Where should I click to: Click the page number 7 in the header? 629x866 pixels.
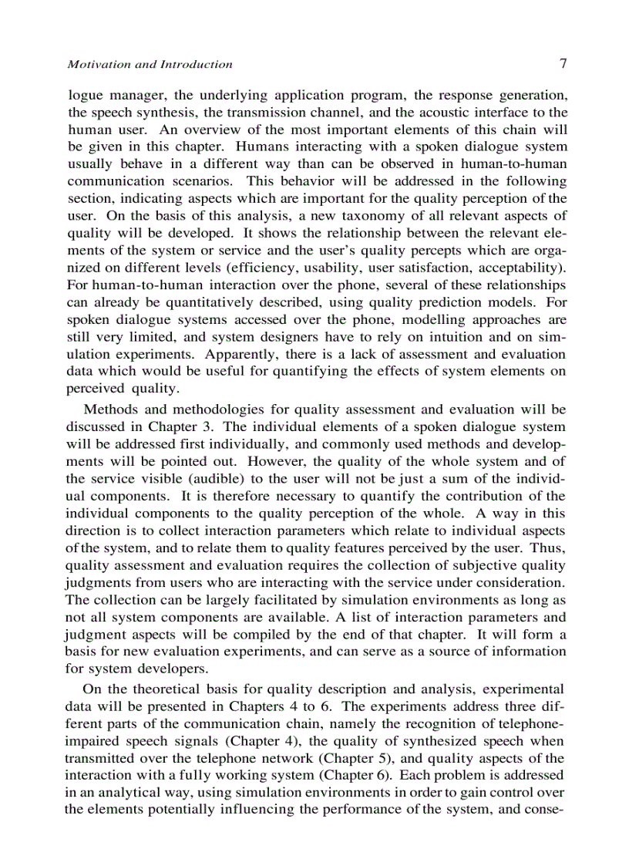click(x=563, y=64)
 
